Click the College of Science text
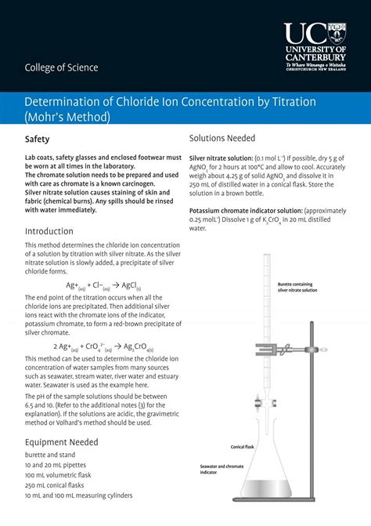(x=62, y=67)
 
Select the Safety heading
(x=38, y=140)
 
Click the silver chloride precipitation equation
(x=103, y=285)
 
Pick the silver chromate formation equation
(x=103, y=346)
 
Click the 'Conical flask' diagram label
(x=242, y=447)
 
